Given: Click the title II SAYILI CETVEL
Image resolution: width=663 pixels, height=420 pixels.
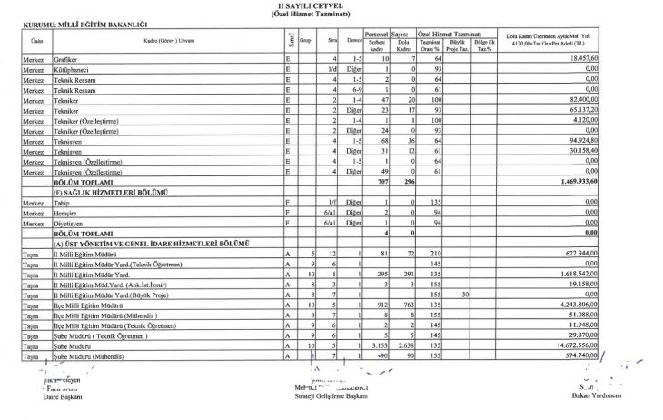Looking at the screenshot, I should click(331, 5).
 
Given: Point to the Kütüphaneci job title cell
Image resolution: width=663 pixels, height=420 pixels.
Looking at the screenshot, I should click(74, 70).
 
